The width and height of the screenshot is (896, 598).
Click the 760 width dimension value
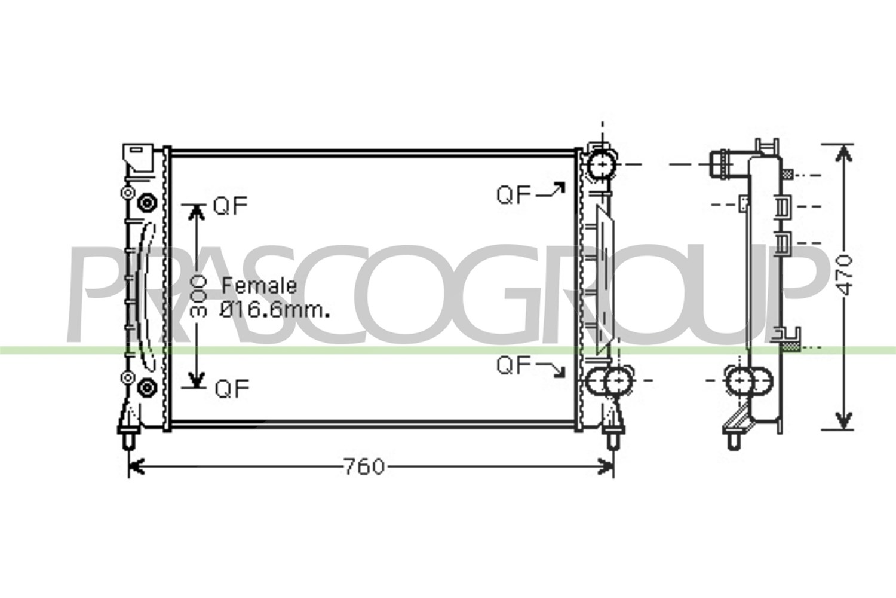tap(364, 467)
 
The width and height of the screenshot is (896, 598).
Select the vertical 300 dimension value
tap(198, 297)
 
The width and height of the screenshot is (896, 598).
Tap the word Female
tap(259, 286)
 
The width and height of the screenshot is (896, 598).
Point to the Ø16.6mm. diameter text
tap(274, 310)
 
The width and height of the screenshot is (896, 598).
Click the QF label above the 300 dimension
tap(230, 206)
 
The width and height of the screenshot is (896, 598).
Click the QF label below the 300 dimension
tap(232, 389)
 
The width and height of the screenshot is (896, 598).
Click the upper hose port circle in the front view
tap(602, 165)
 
